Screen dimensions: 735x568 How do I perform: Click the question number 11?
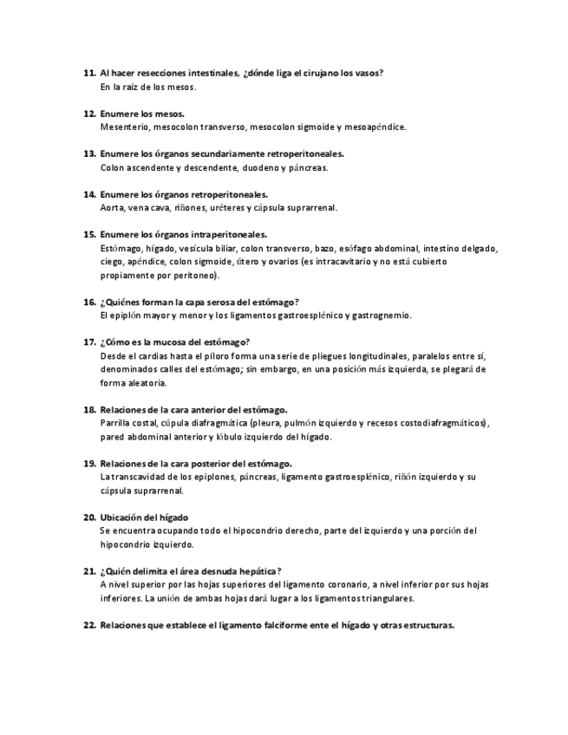(88, 74)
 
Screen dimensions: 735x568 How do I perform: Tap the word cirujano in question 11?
(310, 74)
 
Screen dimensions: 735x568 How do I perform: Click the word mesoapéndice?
(376, 127)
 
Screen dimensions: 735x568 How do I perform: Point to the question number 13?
(88, 153)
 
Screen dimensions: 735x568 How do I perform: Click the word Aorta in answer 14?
(113, 208)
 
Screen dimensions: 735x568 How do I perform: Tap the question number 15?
(88, 234)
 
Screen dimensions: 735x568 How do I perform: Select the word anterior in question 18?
(200, 409)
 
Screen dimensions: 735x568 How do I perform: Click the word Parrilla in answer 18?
(117, 423)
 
